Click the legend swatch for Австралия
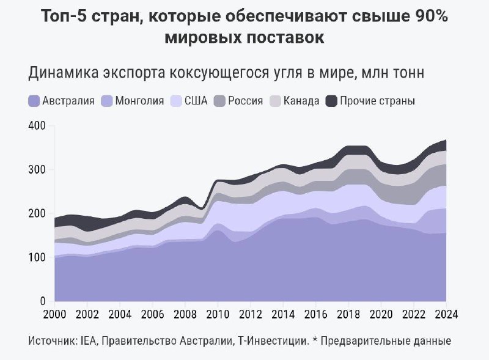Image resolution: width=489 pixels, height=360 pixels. click(x=34, y=101)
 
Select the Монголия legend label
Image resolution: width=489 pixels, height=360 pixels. click(x=139, y=101)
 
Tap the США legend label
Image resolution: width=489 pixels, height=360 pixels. click(x=196, y=101)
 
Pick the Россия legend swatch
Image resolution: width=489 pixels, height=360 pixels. click(x=219, y=101)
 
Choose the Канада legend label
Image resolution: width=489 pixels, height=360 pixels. click(x=301, y=101)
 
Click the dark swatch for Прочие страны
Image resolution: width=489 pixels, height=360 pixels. click(x=331, y=101)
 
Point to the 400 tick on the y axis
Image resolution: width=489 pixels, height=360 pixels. click(x=37, y=126)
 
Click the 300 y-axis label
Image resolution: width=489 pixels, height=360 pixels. click(x=37, y=170)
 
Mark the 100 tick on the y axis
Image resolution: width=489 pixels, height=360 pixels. click(x=37, y=257)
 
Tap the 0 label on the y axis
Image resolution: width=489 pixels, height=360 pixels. click(x=43, y=301)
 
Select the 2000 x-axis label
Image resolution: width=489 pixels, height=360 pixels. click(x=54, y=314)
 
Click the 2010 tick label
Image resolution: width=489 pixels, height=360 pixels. click(x=218, y=314)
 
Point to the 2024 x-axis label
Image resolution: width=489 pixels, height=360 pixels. click(x=446, y=314)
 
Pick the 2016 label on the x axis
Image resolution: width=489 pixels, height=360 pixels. click(x=315, y=314)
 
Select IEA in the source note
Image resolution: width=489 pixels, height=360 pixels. click(x=89, y=340)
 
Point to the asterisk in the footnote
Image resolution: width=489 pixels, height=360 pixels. click(x=315, y=339)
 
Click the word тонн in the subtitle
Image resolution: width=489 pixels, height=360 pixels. click(x=408, y=73)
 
